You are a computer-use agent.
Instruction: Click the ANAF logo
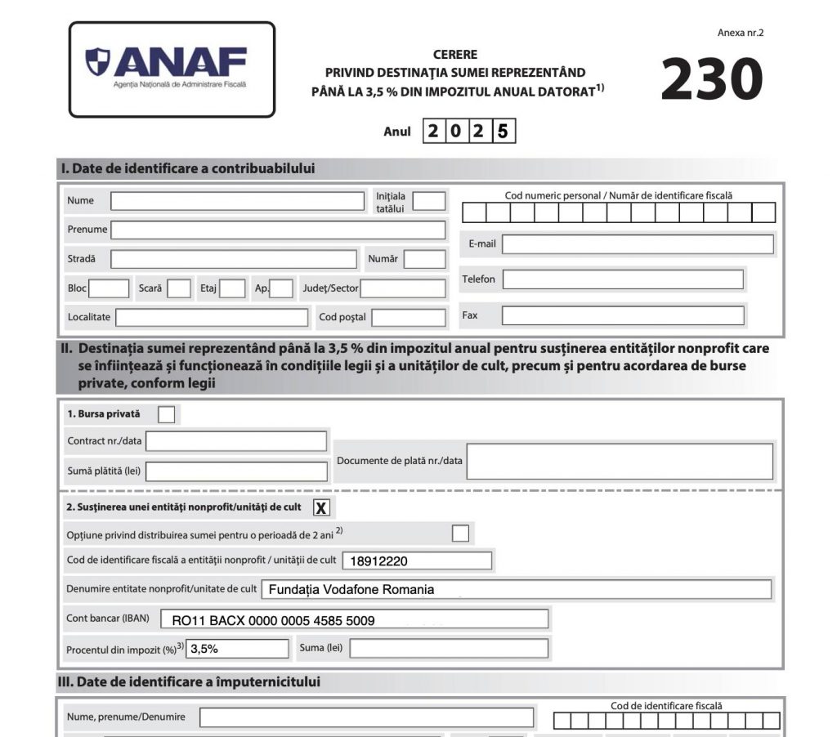pos(172,69)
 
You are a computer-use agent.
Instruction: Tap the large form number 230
pos(711,79)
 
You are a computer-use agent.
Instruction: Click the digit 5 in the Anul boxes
pos(504,132)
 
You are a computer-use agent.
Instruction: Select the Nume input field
pos(238,201)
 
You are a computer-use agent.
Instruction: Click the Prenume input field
pos(278,230)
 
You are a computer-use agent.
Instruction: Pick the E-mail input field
pos(638,244)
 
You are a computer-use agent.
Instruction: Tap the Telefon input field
pos(623,279)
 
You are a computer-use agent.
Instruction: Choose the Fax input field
pos(623,315)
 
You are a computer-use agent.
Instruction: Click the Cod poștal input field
pos(409,317)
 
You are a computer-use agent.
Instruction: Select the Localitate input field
pos(212,317)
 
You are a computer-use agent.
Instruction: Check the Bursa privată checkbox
pos(166,414)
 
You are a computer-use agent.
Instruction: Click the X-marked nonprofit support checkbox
pos(321,507)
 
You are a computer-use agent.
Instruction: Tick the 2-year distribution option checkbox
pos(461,534)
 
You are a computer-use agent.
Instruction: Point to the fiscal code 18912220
pos(379,561)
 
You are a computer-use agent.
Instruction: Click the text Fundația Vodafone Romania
pos(351,590)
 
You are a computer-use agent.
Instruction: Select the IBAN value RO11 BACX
pos(273,620)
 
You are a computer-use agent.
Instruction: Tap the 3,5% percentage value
pos(209,649)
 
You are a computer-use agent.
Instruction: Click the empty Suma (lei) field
pos(449,649)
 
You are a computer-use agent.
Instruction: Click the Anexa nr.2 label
pos(741,33)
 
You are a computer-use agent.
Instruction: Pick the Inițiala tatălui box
pos(429,201)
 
